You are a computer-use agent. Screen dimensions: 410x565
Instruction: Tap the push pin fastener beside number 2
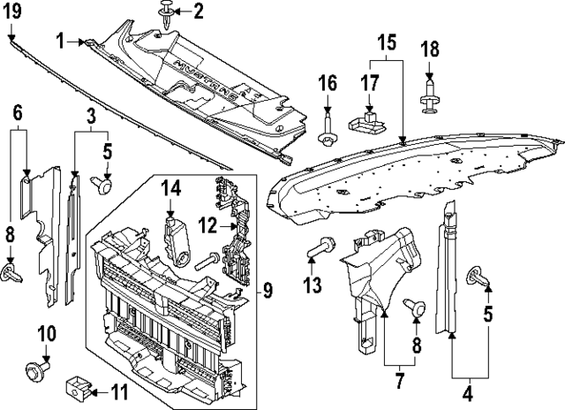point(166,12)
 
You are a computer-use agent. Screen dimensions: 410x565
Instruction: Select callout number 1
point(60,40)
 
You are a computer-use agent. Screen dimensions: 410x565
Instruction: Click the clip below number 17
point(367,121)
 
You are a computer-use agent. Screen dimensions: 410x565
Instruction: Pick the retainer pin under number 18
point(430,98)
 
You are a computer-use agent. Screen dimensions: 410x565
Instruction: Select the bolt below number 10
point(39,365)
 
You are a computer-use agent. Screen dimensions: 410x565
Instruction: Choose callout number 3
point(91,115)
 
